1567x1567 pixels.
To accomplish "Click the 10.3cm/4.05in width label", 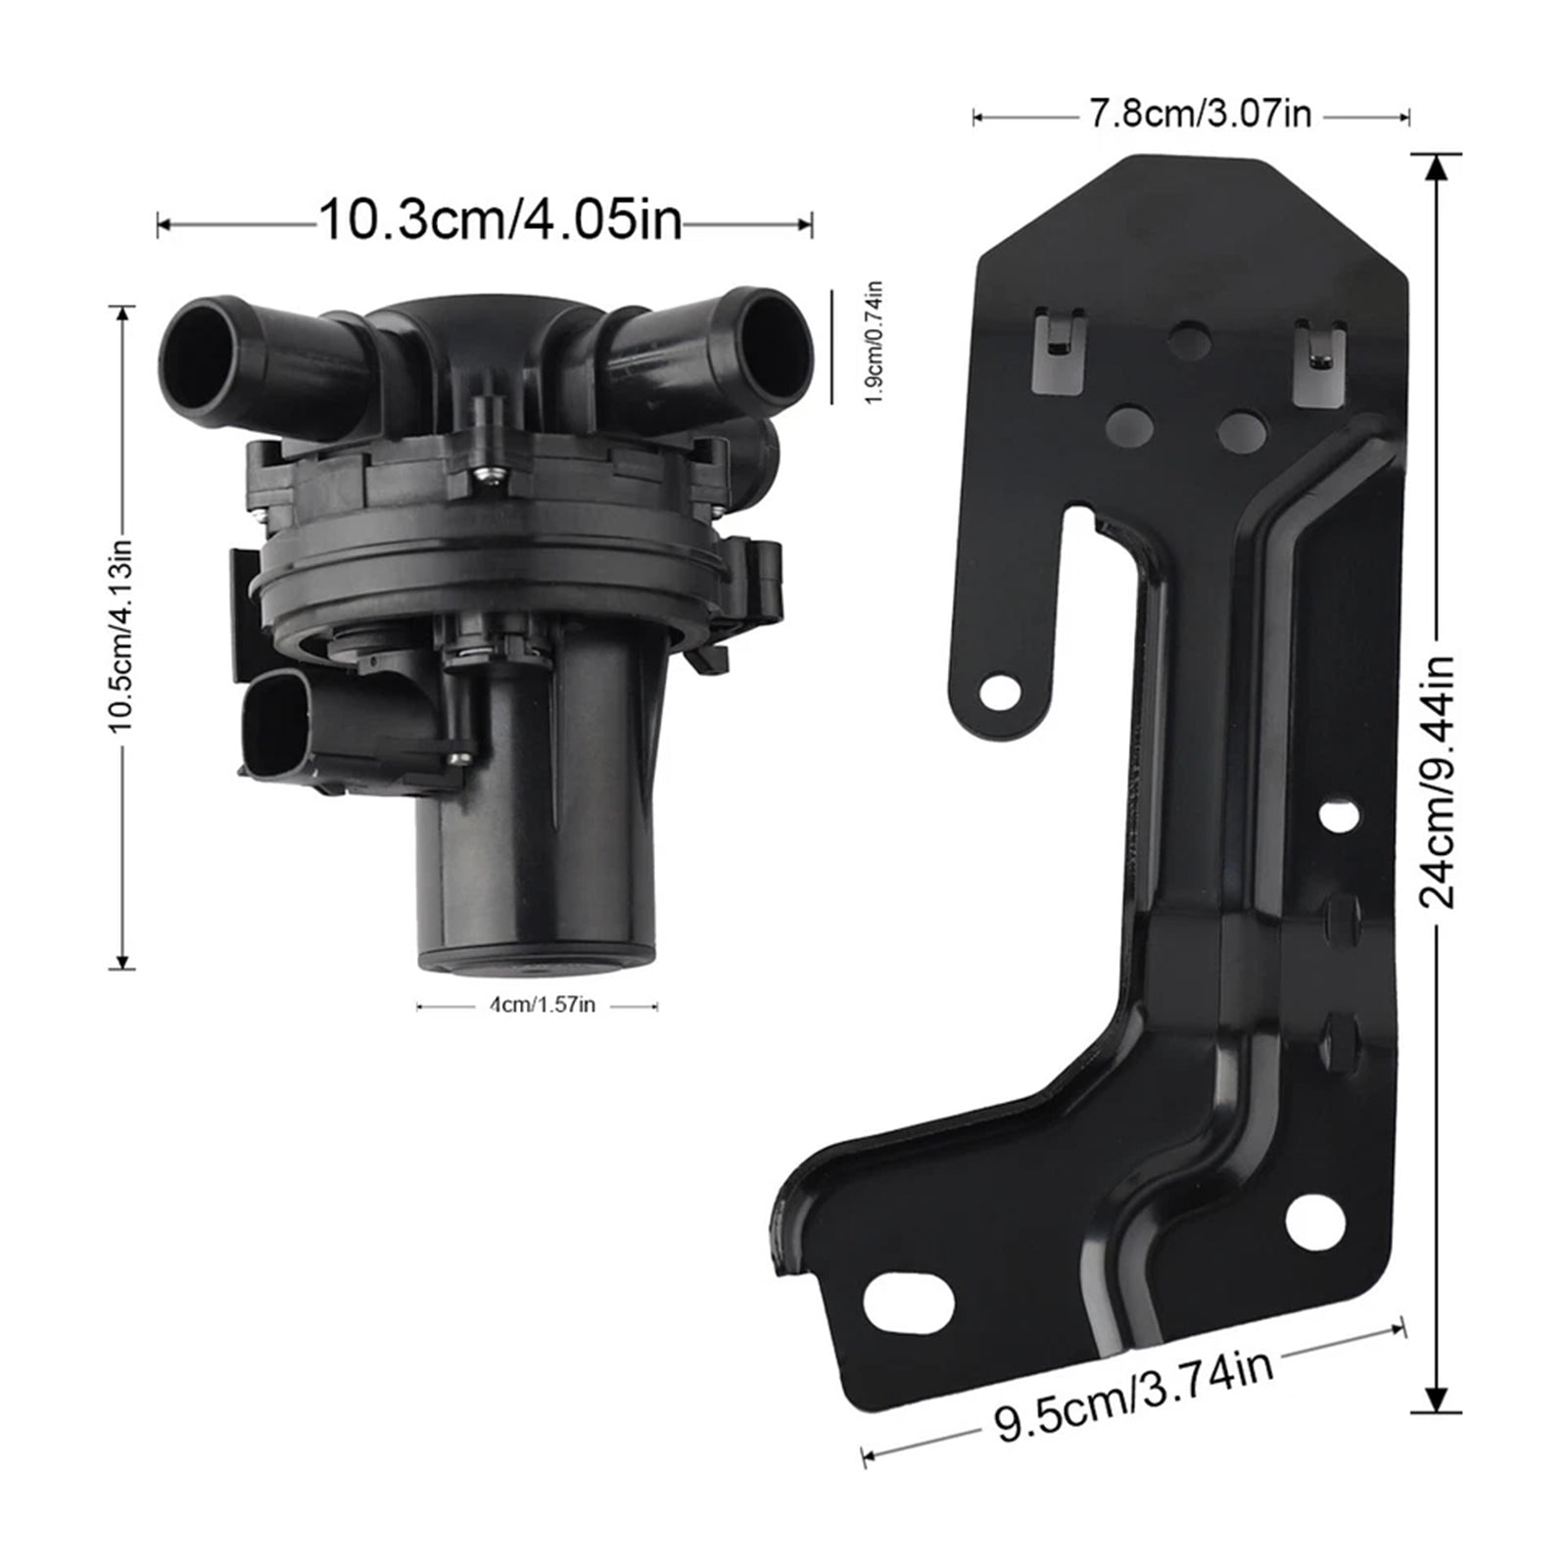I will click(500, 220).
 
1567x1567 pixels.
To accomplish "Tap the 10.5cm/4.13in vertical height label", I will click(120, 636).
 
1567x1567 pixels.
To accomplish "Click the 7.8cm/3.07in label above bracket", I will click(1200, 115).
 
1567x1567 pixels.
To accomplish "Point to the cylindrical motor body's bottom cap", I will click(536, 959).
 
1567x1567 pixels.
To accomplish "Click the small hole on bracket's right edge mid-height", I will click(1339, 815).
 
